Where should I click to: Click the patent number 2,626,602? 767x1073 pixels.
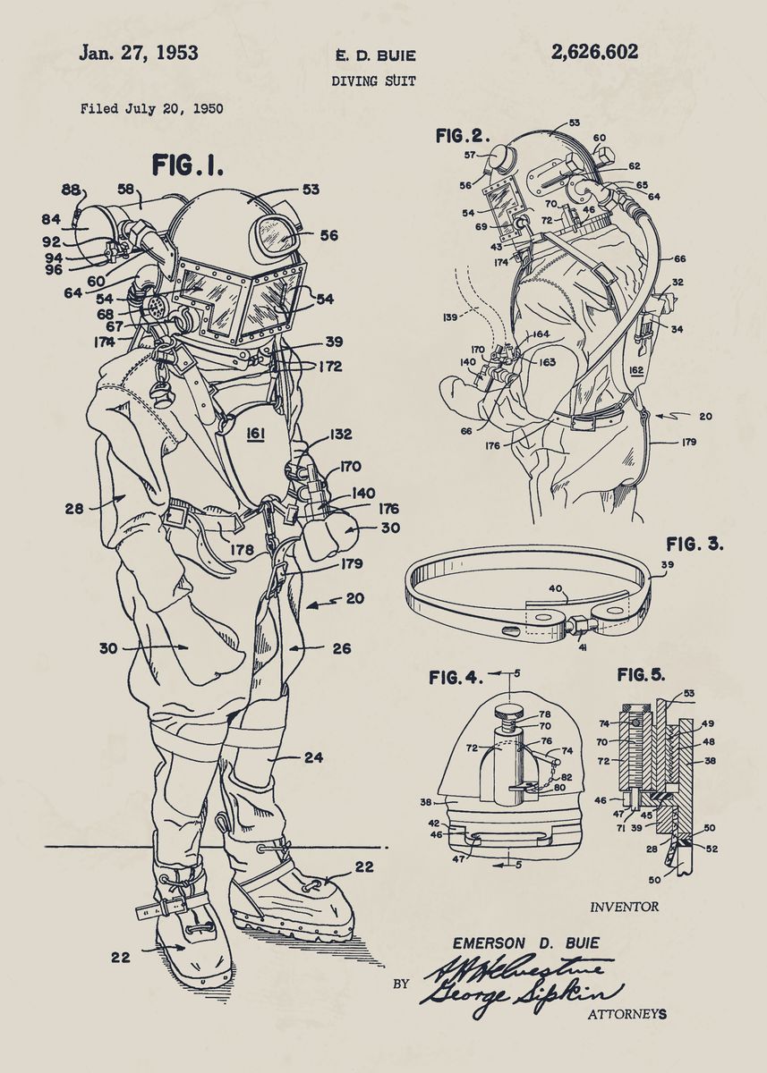coord(594,52)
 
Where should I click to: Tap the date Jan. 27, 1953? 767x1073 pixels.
coord(138,52)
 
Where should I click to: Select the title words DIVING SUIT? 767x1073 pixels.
coord(373,80)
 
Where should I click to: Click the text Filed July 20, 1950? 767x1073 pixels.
coord(151,109)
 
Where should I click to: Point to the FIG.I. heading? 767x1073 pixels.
coord(187,165)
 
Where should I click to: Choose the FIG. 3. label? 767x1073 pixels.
coord(695,544)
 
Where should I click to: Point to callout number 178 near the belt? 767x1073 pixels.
coord(243,549)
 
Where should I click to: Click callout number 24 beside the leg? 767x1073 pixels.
coord(312,757)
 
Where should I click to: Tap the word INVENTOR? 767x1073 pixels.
coord(624,907)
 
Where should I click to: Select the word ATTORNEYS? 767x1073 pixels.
coord(626,1014)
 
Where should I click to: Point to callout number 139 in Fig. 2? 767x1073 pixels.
coord(450,316)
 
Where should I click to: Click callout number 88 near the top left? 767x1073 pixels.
coord(70,190)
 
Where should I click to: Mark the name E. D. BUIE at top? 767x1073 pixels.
coord(374,56)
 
